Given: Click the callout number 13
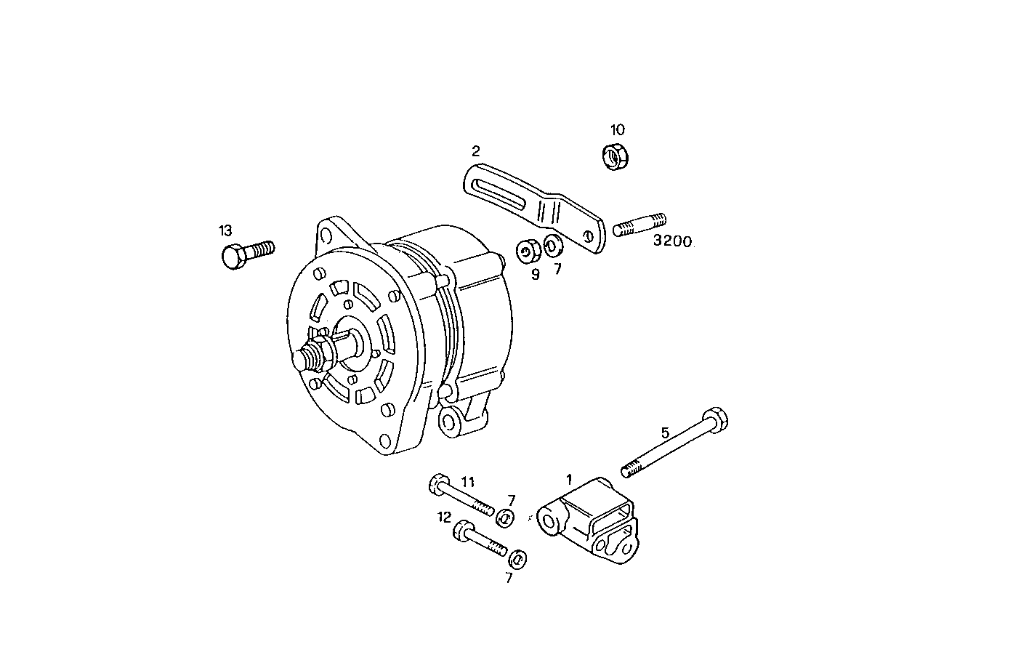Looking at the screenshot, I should click(225, 231).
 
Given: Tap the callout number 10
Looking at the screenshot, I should click(617, 130).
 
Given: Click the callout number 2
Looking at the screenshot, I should click(475, 151).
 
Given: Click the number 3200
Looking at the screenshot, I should click(672, 241).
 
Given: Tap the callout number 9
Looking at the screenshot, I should click(536, 274).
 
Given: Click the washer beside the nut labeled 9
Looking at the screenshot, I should click(553, 245).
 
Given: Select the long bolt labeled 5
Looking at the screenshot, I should click(673, 444).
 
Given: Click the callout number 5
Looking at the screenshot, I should click(665, 432).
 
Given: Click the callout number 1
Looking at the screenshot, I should click(570, 479).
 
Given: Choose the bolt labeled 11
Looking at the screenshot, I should click(461, 496).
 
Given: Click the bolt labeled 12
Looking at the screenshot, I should click(479, 539).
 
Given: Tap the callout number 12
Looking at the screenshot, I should click(444, 517).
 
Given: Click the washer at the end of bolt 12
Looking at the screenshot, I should click(517, 559).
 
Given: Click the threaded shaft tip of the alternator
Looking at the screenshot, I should click(304, 359).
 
